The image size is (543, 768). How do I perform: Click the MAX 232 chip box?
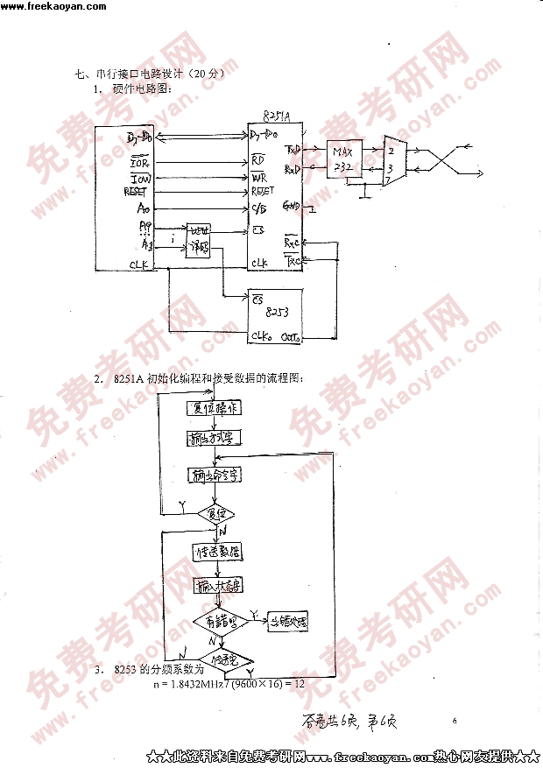[342, 159]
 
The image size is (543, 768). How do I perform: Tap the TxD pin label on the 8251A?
[293, 149]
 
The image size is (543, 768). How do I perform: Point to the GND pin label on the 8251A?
[292, 207]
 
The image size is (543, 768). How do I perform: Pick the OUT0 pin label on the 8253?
[292, 335]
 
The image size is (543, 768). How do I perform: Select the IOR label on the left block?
[139, 163]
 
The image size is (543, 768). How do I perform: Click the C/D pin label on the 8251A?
[259, 208]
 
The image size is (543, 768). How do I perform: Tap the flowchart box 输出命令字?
[215, 475]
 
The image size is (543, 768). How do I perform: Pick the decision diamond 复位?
[215, 513]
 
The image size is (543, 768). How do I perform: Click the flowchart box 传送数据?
[217, 552]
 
